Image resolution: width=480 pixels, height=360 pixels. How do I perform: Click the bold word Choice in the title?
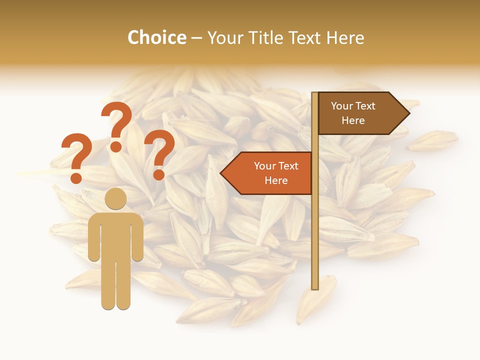pyautogui.click(x=156, y=37)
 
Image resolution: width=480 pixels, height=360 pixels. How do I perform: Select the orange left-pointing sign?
pyautogui.click(x=270, y=173)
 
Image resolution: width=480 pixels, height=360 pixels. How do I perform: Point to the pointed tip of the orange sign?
pyautogui.click(x=221, y=173)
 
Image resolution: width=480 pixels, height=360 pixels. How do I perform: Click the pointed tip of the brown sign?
pyautogui.click(x=408, y=113)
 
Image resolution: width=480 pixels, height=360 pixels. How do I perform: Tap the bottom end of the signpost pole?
pyautogui.click(x=315, y=287)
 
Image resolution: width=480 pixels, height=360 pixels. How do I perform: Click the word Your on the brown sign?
pyautogui.click(x=341, y=106)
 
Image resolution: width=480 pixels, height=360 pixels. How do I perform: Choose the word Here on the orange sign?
pyautogui.click(x=276, y=180)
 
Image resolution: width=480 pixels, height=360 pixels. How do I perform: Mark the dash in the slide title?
pyautogui.click(x=196, y=38)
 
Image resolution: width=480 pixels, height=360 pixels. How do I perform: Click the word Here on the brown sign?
pyautogui.click(x=353, y=120)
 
